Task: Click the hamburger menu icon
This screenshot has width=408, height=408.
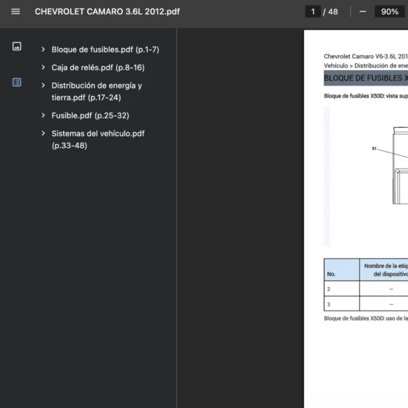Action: pos(16,12)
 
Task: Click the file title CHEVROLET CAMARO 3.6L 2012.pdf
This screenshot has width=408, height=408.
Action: pos(107,12)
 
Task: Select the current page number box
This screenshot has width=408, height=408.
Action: pos(313,12)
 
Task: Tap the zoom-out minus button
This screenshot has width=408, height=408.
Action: pos(362,12)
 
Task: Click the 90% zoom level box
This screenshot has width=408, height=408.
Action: pos(390,12)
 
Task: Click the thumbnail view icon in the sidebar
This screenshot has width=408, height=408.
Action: pos(17,46)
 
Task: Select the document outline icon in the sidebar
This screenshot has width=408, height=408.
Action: pos(17,82)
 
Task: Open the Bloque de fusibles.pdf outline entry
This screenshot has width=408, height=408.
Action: pos(105,50)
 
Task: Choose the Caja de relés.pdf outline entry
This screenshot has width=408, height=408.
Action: pos(98,67)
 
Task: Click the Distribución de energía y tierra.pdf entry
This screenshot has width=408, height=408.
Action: pos(97,91)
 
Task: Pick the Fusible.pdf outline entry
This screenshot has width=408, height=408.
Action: pos(90,116)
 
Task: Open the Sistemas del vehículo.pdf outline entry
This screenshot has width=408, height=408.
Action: pos(98,139)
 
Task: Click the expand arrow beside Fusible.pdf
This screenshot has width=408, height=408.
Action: pos(44,116)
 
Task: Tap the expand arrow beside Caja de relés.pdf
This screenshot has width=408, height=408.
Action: pos(44,67)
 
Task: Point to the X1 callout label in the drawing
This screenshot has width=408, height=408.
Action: pos(374,148)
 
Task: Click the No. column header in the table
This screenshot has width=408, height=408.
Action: pos(331,274)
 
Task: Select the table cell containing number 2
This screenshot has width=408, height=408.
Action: pos(341,289)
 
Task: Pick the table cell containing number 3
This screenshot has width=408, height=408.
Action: pos(341,304)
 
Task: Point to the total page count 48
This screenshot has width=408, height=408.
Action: pos(333,12)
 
